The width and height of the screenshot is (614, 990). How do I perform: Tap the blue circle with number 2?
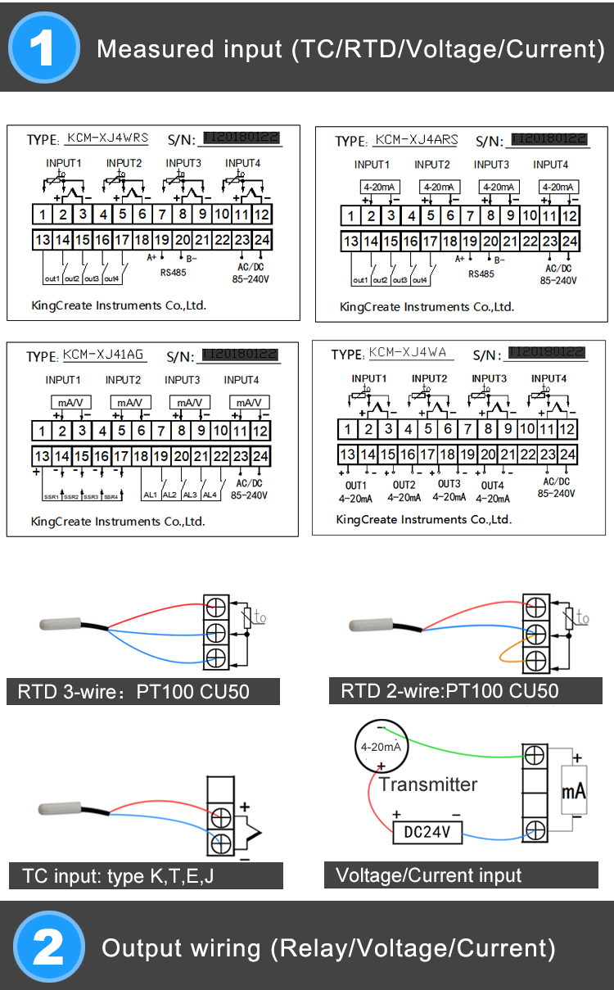pos(48,947)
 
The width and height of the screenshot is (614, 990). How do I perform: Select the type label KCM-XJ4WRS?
pos(107,138)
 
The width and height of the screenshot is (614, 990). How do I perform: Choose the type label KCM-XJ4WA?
pos(407,353)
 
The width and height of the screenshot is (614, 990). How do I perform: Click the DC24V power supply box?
pos(427,832)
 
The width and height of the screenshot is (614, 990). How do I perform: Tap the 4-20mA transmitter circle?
pos(381,747)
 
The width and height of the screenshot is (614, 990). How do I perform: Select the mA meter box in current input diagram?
pos(573,791)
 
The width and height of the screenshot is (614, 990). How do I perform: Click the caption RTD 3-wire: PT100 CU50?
pos(133,692)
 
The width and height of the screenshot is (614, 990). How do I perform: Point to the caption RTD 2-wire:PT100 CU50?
pos(449,690)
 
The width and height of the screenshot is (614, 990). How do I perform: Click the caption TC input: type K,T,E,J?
pos(119,876)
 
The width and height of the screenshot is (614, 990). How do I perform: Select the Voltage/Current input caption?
pos(428,875)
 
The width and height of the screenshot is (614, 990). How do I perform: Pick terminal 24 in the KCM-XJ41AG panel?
pos(260,456)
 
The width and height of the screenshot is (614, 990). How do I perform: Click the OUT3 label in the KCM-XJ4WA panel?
pos(449,484)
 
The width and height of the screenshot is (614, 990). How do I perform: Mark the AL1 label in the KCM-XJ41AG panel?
pos(150,495)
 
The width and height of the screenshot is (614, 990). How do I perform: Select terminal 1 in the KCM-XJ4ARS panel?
pos(350,216)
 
